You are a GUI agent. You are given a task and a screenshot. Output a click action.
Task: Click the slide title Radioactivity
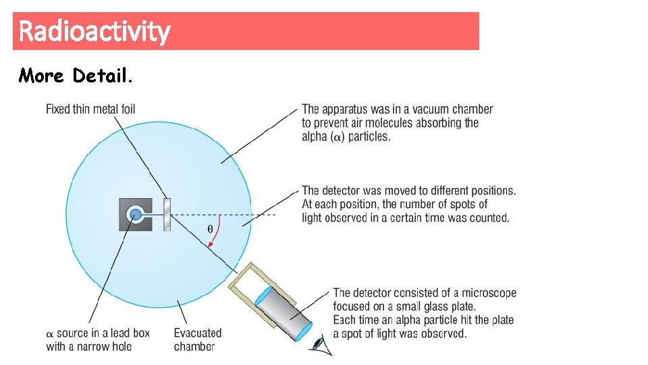94,31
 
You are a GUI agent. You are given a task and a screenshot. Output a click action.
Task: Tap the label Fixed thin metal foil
90,109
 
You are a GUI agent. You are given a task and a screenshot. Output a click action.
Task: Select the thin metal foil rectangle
167,214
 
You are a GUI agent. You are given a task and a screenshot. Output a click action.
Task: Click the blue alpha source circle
136,215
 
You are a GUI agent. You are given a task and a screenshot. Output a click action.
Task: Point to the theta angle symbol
209,228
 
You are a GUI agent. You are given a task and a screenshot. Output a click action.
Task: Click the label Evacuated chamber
197,339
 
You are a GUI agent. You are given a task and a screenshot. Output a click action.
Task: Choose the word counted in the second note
491,218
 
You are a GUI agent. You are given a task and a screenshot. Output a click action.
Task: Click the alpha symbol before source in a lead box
49,334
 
